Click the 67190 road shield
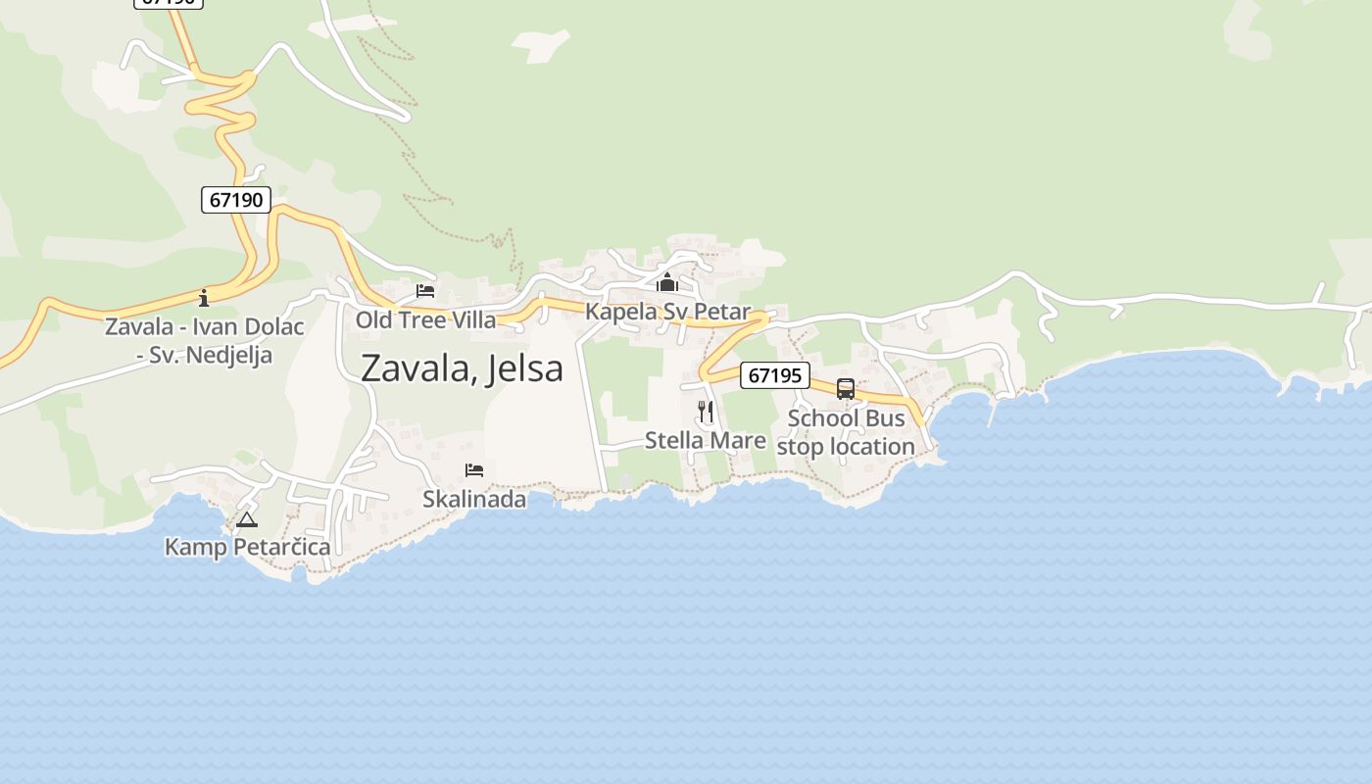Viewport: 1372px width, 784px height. click(x=236, y=200)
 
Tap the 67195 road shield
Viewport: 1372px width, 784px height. click(x=774, y=375)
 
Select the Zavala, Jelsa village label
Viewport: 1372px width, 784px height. click(x=462, y=368)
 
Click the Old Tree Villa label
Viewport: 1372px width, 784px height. click(x=425, y=319)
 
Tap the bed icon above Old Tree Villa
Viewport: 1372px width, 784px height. click(x=425, y=291)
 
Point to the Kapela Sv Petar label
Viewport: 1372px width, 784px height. click(x=667, y=312)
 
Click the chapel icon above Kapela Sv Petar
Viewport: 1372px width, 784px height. click(x=667, y=283)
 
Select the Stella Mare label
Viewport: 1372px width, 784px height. click(x=705, y=440)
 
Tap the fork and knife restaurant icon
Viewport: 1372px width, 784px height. click(x=706, y=411)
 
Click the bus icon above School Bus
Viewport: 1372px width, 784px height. click(x=846, y=389)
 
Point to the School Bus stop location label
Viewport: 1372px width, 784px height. click(x=846, y=432)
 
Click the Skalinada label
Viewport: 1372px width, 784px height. click(x=474, y=499)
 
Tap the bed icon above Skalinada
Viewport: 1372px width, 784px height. click(x=474, y=470)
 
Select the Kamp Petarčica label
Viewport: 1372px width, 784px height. click(x=247, y=547)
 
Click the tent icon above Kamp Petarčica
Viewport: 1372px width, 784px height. click(x=246, y=519)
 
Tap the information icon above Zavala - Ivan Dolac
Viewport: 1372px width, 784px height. click(x=204, y=297)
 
